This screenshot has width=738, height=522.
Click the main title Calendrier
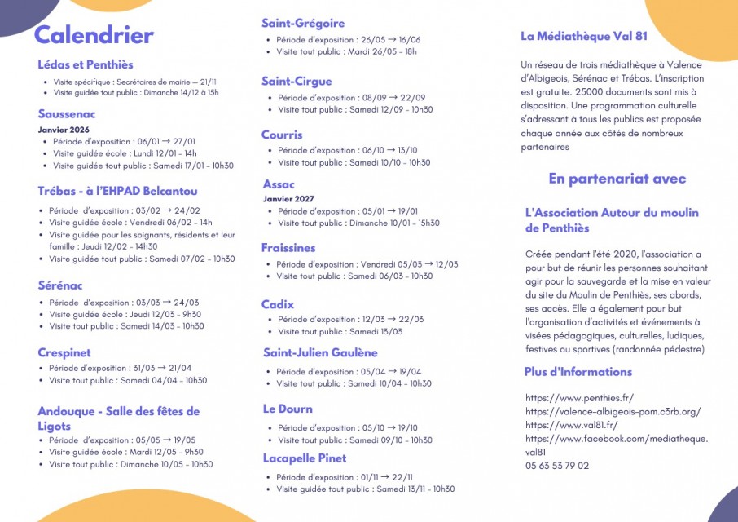[x=94, y=35]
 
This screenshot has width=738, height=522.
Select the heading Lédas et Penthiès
[x=86, y=64]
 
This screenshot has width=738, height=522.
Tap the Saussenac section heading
[x=67, y=114]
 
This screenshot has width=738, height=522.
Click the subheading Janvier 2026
[x=64, y=130]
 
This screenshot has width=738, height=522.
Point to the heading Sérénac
[x=60, y=285]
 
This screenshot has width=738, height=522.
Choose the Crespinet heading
[x=64, y=352]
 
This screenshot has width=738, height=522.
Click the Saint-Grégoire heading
[x=303, y=23]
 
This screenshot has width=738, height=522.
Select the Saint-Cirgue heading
[x=297, y=81]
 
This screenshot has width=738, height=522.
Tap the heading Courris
[x=282, y=135]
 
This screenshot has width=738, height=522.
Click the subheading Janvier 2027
[x=288, y=199]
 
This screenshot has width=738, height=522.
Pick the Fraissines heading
[x=288, y=247]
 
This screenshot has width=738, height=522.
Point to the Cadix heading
[x=278, y=304]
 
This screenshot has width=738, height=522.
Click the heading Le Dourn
[x=288, y=409]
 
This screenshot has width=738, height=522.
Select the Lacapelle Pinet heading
[x=305, y=458]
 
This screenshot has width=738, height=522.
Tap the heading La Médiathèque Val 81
[x=584, y=36]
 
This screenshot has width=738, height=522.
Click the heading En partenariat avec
[x=617, y=179]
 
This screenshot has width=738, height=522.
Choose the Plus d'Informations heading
[x=578, y=372]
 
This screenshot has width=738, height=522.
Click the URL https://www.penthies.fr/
[x=579, y=398]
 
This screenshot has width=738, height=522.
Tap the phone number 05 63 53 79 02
[x=557, y=466]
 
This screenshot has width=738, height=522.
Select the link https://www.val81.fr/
[x=571, y=425]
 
